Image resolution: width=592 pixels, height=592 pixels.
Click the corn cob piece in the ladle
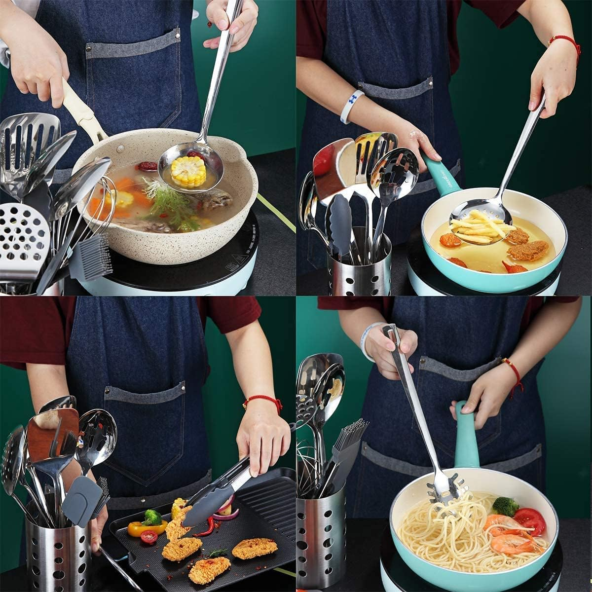(x=188, y=171)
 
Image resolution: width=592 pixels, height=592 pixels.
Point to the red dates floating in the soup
(x=147, y=167)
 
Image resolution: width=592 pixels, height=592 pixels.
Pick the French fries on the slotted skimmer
(x=481, y=227)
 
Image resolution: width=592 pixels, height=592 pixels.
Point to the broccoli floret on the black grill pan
(x=152, y=518)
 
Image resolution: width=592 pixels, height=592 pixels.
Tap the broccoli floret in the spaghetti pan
(x=505, y=506)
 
